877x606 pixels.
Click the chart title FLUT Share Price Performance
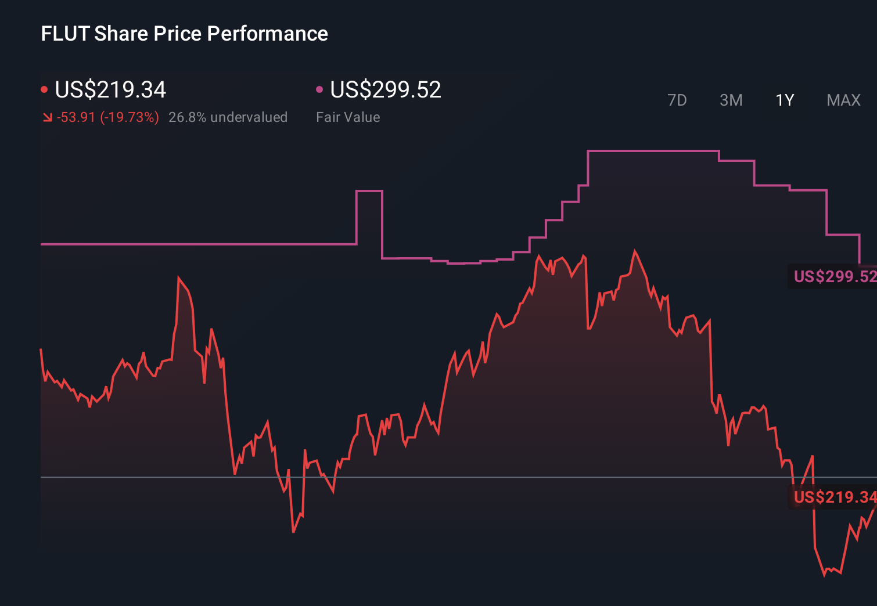pyautogui.click(x=184, y=34)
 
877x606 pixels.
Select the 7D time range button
pyautogui.click(x=677, y=100)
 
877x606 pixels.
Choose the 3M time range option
pyautogui.click(x=731, y=100)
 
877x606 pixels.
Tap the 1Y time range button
pyautogui.click(x=785, y=100)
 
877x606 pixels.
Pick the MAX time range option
pyautogui.click(x=843, y=100)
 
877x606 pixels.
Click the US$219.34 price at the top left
pyautogui.click(x=110, y=90)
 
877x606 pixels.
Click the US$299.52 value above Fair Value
pyautogui.click(x=386, y=90)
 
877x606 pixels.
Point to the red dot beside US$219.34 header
pyautogui.click(x=44, y=89)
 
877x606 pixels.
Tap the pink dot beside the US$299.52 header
pyautogui.click(x=319, y=89)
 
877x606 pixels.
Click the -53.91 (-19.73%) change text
pyautogui.click(x=108, y=117)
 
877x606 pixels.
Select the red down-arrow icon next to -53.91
pyautogui.click(x=47, y=118)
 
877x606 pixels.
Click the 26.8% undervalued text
pyautogui.click(x=228, y=117)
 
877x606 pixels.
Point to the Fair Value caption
pyautogui.click(x=348, y=117)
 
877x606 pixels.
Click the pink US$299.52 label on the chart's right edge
pyautogui.click(x=834, y=276)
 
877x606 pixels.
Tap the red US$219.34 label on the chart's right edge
pyautogui.click(x=834, y=497)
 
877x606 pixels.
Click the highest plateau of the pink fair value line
pyautogui.click(x=653, y=151)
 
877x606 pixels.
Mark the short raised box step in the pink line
pyautogui.click(x=369, y=191)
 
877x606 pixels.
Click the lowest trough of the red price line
pyautogui.click(x=825, y=575)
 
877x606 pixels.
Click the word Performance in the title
pyautogui.click(x=267, y=34)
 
